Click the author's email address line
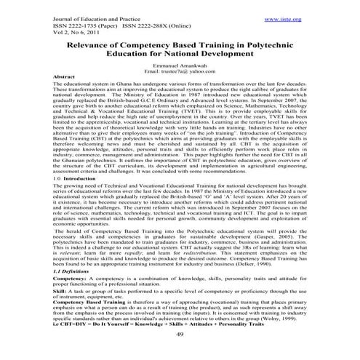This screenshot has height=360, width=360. point(180,71)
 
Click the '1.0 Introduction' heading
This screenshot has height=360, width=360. point(79,177)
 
